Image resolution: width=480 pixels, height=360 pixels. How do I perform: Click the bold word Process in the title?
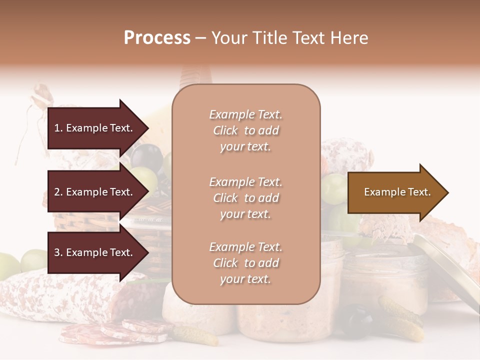[157, 38]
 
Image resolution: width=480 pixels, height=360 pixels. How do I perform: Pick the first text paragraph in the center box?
[245, 130]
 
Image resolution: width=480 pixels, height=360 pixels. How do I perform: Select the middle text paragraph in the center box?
[245, 198]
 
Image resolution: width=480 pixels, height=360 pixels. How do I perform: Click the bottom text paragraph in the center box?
[245, 263]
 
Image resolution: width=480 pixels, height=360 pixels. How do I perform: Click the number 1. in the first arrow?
[58, 128]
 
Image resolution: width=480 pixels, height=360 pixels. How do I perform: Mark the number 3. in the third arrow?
[58, 253]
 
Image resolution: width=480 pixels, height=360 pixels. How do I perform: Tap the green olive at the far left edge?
[8, 265]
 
